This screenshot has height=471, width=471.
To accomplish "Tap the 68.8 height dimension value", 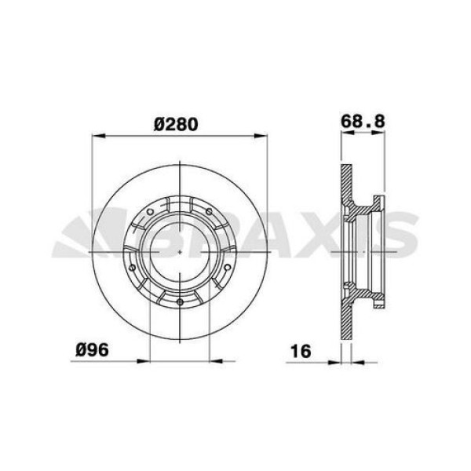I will pos(360,121).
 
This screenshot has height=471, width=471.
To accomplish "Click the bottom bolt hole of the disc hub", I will pos(181,304).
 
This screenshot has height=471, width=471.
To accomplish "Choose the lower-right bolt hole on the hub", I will pos(225,271).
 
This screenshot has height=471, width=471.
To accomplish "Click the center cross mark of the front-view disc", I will pos(181,251).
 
